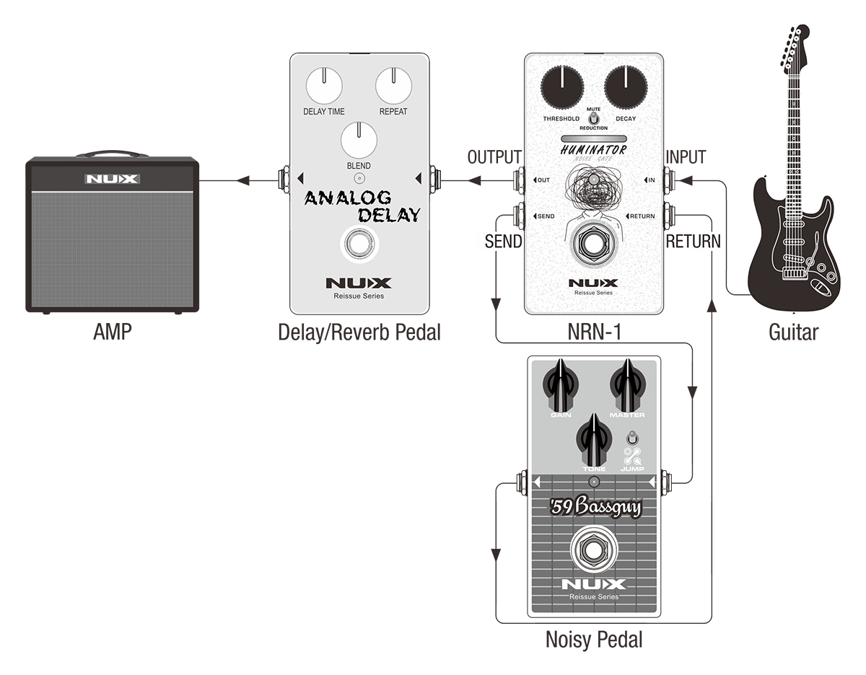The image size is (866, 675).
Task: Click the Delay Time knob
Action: point(325,87)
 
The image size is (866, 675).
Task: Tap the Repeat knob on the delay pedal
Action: point(393,87)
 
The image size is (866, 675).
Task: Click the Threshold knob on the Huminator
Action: point(562,88)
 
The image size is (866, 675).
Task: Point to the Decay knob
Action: point(624,88)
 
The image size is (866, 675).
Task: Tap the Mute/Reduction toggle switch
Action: point(593,118)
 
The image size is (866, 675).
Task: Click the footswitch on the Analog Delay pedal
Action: point(359,244)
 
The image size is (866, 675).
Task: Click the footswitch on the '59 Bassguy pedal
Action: point(594,552)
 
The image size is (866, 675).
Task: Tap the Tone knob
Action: point(594,441)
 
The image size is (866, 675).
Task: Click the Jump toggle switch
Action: point(633,438)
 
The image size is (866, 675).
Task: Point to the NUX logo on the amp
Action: point(112,179)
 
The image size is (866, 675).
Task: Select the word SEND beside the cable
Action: point(503,242)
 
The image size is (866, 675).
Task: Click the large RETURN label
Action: point(693,242)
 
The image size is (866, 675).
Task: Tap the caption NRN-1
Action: point(594,332)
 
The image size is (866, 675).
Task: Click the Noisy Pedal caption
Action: point(594,639)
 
